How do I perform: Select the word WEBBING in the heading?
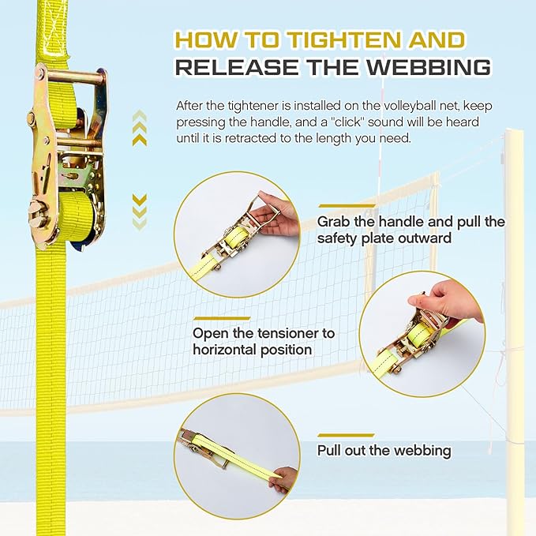430,69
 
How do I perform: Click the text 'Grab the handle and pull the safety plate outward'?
410,229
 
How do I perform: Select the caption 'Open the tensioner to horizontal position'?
263,341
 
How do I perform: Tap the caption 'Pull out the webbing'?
384,451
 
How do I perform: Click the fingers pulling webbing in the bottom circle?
283,479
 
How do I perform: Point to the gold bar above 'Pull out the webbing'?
340,435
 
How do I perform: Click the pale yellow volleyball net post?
515,316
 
